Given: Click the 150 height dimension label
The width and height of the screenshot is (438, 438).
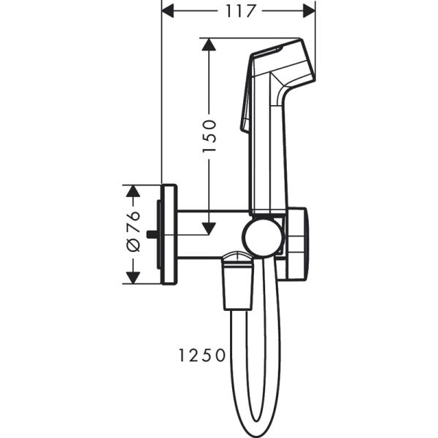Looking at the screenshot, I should point(209,136).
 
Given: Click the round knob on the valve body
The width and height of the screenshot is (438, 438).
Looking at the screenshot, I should point(262,237).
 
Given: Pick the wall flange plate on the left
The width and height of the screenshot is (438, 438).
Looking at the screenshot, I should point(169,234).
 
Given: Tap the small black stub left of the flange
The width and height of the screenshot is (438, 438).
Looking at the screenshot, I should point(151,234).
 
